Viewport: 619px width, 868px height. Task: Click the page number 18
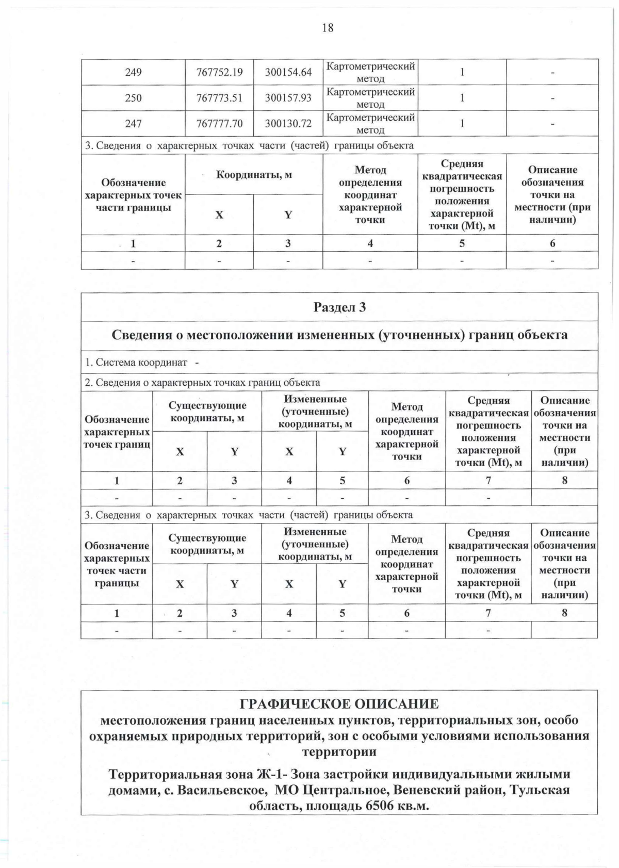click(x=328, y=28)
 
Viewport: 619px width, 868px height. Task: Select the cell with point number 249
click(x=133, y=72)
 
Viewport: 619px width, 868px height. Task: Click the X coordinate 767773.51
click(x=219, y=98)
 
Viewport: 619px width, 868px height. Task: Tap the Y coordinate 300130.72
click(x=288, y=124)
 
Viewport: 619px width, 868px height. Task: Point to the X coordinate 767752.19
click(x=219, y=72)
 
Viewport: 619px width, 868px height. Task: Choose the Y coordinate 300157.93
click(x=288, y=98)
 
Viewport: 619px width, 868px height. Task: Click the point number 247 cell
click(x=133, y=124)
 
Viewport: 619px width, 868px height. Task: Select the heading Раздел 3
click(x=339, y=307)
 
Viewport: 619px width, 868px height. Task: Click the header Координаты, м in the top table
click(x=254, y=174)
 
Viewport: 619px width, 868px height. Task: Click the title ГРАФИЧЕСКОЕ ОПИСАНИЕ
click(x=339, y=704)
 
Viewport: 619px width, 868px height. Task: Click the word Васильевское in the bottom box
click(x=222, y=790)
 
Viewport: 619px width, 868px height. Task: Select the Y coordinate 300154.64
click(x=288, y=72)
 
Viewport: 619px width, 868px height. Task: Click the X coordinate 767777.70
click(x=219, y=124)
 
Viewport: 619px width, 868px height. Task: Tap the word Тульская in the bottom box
click(x=541, y=790)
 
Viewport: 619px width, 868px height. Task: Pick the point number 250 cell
click(x=133, y=98)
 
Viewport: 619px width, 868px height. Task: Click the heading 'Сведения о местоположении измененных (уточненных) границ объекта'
click(x=339, y=335)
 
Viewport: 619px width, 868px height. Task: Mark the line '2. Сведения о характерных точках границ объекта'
click(x=202, y=383)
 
